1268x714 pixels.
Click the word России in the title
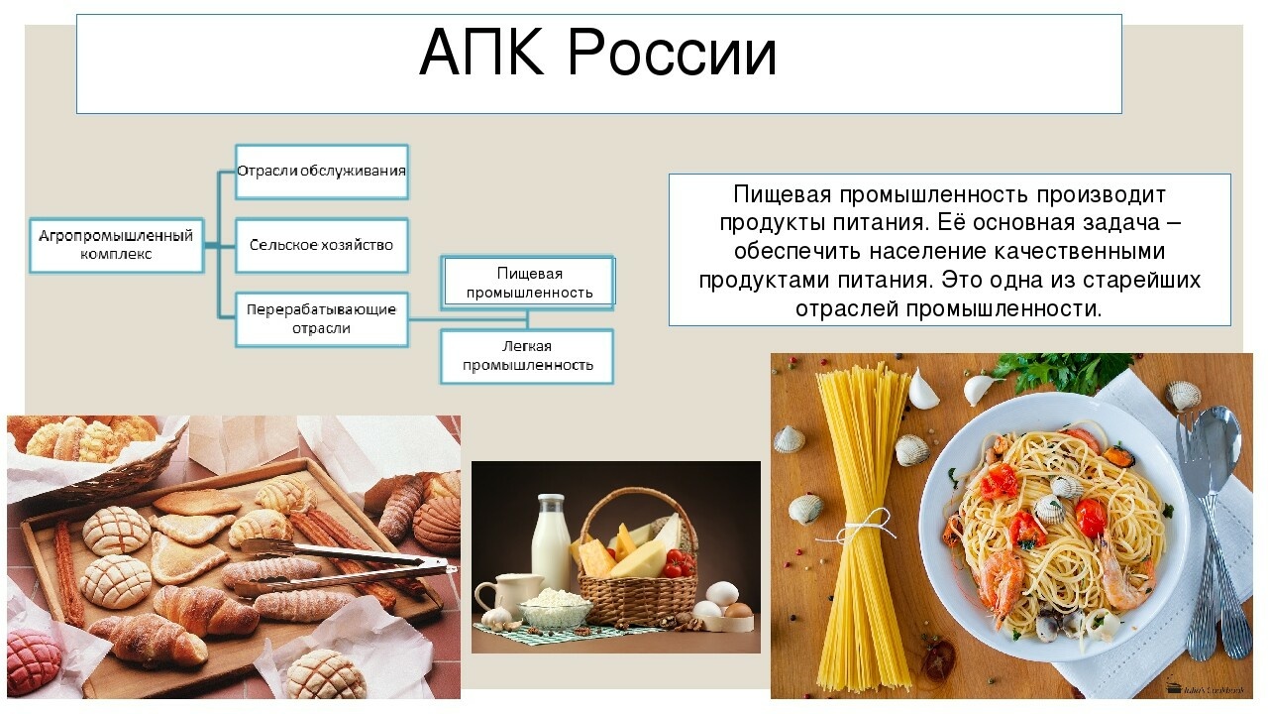[672, 53]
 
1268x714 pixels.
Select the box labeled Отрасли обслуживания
[322, 172]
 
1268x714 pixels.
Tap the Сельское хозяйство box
[322, 245]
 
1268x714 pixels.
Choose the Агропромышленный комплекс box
[116, 245]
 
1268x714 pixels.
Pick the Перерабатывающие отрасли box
[322, 319]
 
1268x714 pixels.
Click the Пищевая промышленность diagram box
[529, 283]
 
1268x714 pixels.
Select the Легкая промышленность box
[527, 356]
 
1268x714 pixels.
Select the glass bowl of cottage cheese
[555, 605]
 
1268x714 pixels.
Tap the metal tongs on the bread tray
[346, 565]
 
